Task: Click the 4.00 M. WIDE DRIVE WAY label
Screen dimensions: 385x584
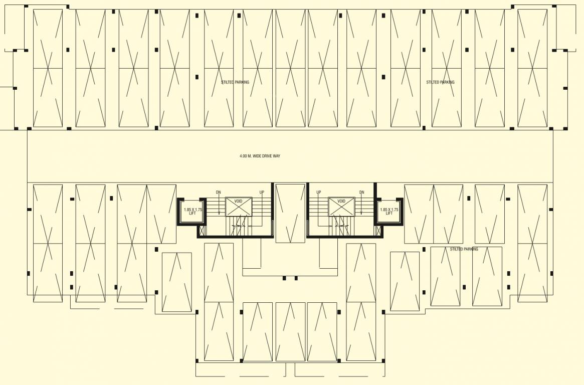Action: click(x=260, y=156)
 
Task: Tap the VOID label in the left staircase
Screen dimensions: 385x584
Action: click(x=238, y=201)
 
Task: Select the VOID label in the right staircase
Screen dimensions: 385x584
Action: click(x=341, y=201)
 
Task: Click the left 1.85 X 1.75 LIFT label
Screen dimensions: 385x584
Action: click(x=192, y=212)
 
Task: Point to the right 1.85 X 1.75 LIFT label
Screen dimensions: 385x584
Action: click(x=389, y=212)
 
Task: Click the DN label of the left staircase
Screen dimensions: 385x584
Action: click(x=218, y=192)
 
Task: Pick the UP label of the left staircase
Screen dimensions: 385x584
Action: click(x=262, y=192)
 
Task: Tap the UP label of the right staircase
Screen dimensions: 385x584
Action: click(x=318, y=192)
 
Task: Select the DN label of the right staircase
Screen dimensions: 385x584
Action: click(x=361, y=192)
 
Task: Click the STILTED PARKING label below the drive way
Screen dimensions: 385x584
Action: click(x=464, y=249)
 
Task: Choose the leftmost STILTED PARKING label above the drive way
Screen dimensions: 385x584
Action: click(x=235, y=82)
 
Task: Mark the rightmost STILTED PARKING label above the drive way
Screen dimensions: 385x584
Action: click(x=440, y=82)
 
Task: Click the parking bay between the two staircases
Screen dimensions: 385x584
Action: click(x=290, y=213)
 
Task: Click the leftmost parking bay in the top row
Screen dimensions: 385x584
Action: click(x=48, y=68)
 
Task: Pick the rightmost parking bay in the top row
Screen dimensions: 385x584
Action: click(x=532, y=68)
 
